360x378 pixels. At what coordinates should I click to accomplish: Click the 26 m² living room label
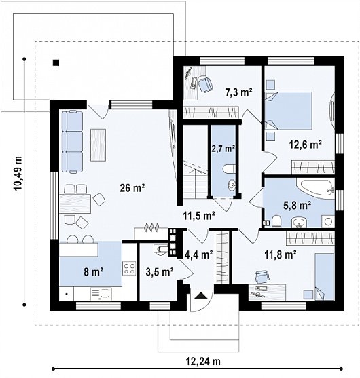132,188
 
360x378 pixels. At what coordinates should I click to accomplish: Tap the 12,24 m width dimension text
203,361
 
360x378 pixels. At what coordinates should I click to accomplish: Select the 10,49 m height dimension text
18,173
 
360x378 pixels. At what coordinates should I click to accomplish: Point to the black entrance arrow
200,296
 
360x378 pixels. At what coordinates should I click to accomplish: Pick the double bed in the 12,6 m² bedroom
289,111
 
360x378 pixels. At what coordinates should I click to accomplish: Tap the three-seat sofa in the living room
72,142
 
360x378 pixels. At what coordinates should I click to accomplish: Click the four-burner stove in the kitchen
129,268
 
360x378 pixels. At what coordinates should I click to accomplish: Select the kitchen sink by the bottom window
101,294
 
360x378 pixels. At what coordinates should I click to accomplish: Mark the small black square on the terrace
56,62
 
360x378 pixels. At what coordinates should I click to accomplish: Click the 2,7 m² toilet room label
223,149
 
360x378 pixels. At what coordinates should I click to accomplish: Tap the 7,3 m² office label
239,92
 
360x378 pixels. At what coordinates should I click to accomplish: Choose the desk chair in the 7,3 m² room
205,84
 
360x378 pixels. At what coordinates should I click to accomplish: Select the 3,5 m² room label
160,272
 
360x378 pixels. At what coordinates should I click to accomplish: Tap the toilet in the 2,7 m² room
229,169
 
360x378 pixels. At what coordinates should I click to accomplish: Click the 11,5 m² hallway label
199,216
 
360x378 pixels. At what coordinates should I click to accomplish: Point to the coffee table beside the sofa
98,145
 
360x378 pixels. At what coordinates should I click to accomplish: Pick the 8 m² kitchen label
94,272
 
